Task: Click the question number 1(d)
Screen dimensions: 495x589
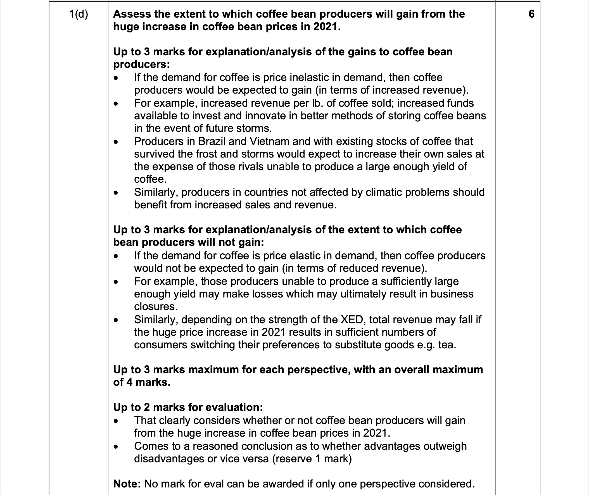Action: click(78, 14)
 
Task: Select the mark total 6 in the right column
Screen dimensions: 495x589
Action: click(531, 14)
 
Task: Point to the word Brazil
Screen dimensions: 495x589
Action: click(212, 141)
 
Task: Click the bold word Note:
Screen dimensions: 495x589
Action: click(127, 484)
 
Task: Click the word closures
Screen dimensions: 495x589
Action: click(156, 306)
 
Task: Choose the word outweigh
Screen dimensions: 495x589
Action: click(445, 446)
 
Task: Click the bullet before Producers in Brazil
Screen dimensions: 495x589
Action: click(116, 142)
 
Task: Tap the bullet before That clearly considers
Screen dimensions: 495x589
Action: click(116, 421)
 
